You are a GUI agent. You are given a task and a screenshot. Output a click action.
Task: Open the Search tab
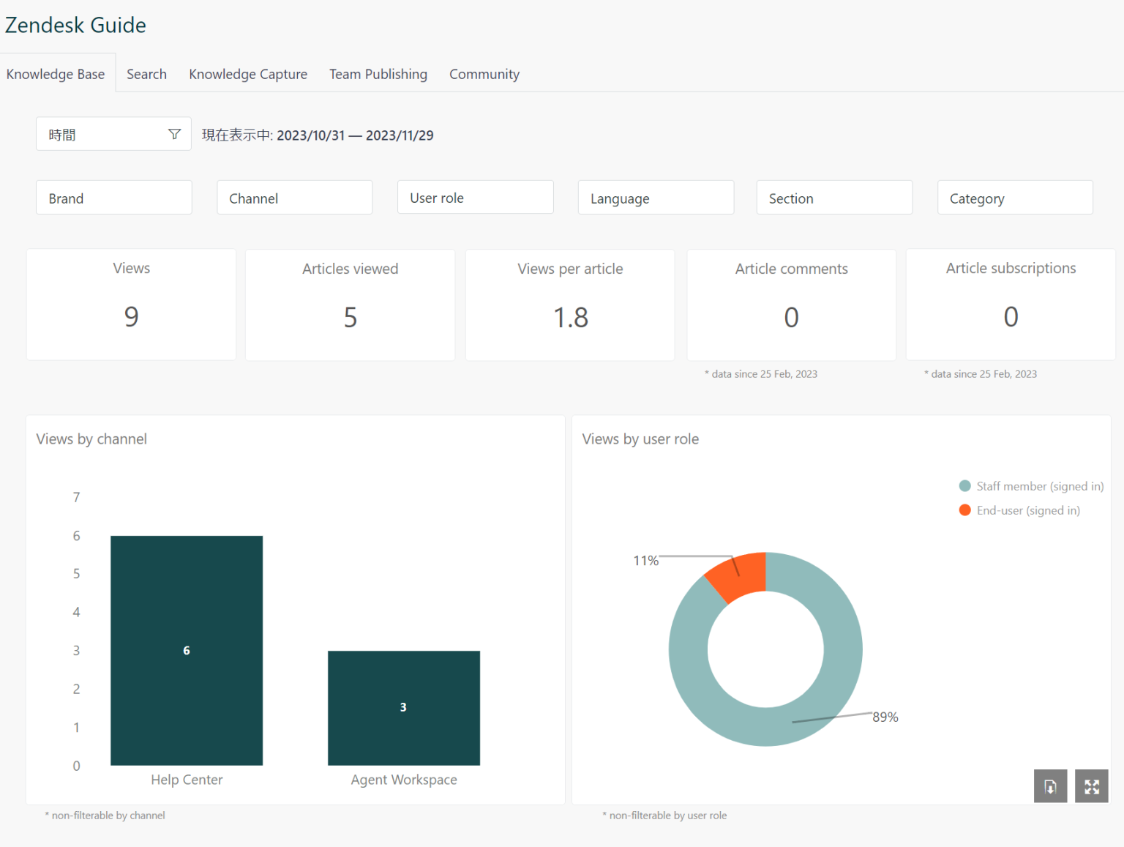(x=146, y=74)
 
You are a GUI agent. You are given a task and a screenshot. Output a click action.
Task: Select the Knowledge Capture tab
(x=248, y=74)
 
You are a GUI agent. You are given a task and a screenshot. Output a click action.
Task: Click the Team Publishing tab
(x=378, y=74)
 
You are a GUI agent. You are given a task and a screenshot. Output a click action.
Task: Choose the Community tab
(x=484, y=74)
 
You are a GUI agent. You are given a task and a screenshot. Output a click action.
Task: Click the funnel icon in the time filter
(x=174, y=134)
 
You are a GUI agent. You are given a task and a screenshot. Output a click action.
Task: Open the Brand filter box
(x=113, y=198)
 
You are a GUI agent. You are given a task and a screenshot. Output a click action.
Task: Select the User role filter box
(x=475, y=198)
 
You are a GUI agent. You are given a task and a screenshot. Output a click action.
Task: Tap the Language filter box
(x=656, y=198)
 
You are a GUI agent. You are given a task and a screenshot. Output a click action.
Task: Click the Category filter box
(x=1015, y=198)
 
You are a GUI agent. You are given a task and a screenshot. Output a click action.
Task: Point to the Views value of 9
(x=131, y=316)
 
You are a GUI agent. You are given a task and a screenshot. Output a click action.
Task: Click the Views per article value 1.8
(x=570, y=318)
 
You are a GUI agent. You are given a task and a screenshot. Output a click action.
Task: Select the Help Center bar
(x=187, y=650)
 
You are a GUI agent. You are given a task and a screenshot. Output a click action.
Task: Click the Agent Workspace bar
(x=403, y=707)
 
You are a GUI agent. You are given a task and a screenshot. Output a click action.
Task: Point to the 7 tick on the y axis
(x=76, y=498)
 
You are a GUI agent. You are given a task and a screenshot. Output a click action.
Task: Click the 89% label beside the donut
(x=885, y=717)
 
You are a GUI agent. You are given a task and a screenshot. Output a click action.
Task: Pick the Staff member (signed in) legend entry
(x=1031, y=486)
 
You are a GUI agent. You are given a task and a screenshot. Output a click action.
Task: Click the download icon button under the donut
(x=1050, y=786)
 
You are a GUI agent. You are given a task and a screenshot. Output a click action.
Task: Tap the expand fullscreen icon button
(x=1091, y=786)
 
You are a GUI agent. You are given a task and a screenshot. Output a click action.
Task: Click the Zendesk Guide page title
(x=75, y=25)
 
